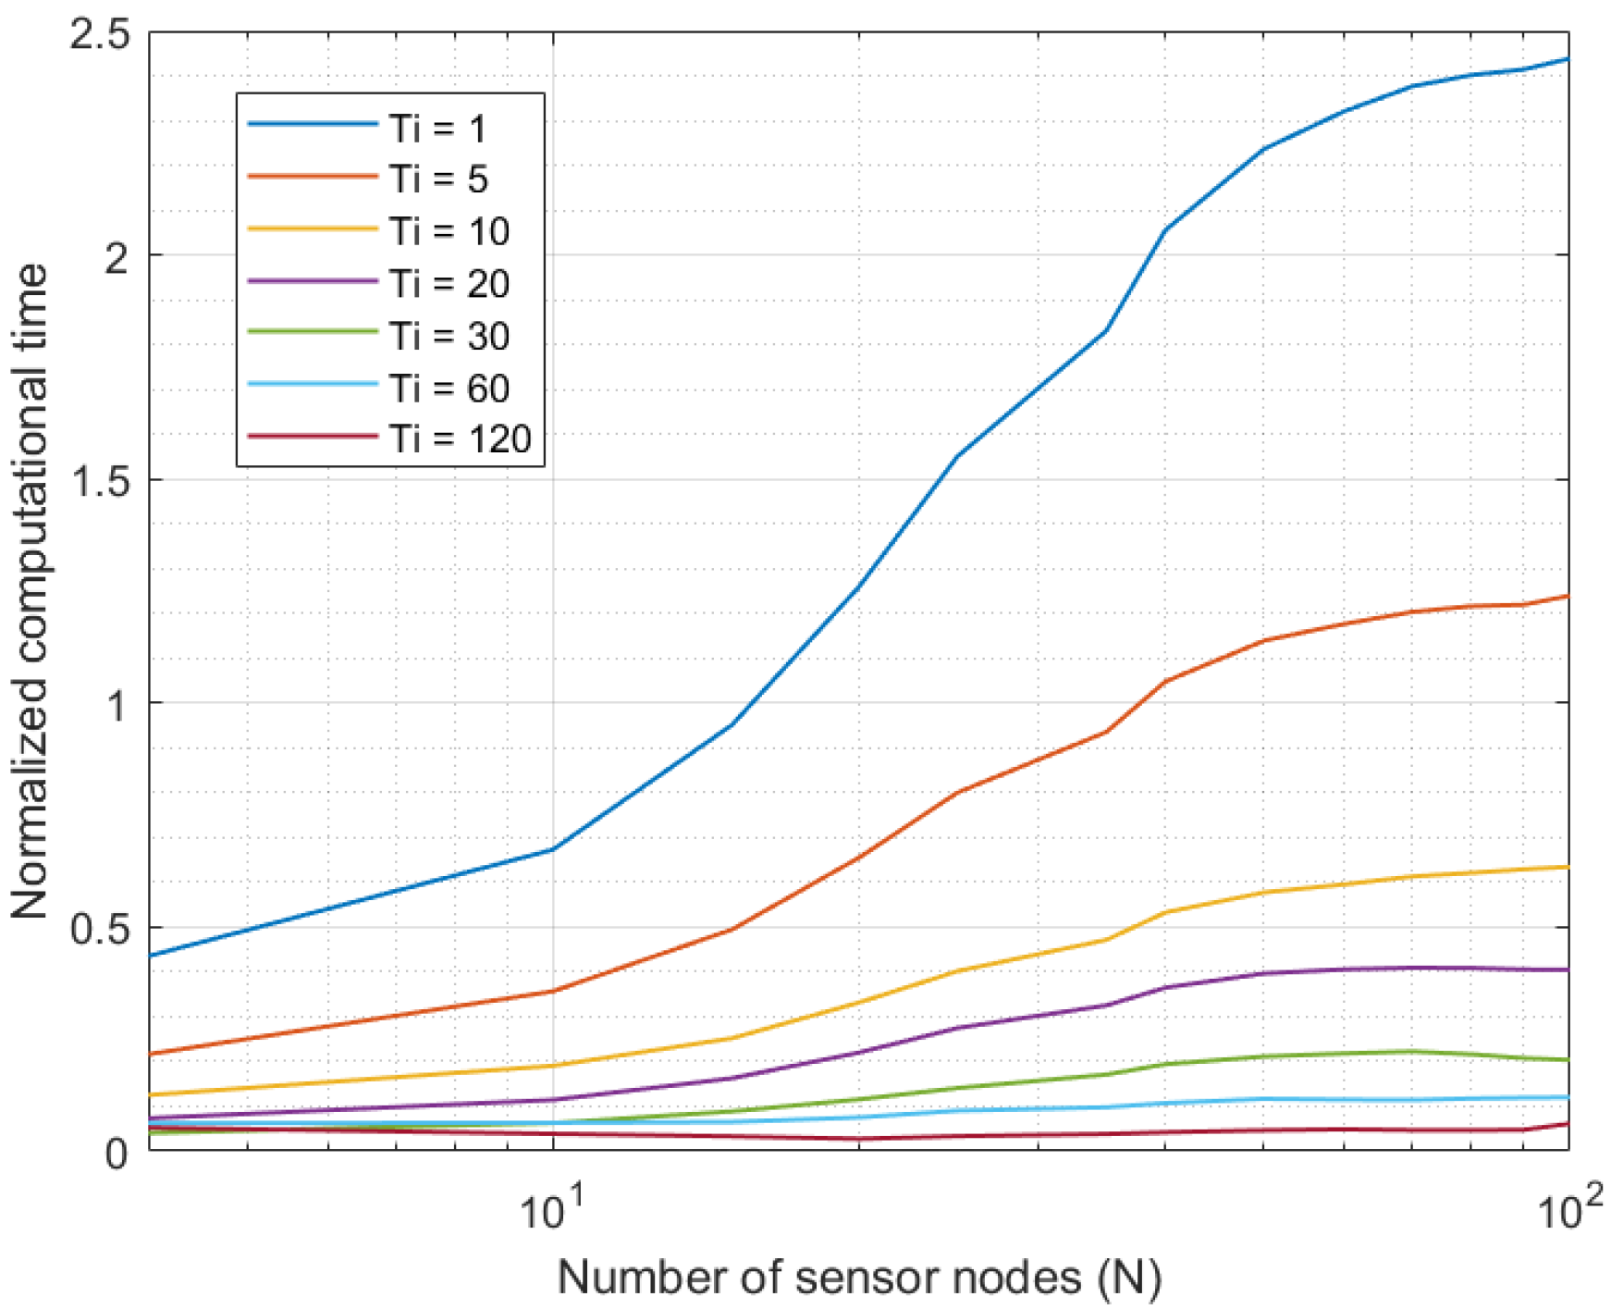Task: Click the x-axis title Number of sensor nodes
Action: point(859,1278)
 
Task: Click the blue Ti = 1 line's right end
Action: point(1568,59)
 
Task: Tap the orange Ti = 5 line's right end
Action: point(1568,597)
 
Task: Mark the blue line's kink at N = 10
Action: point(553,848)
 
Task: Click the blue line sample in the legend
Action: point(313,123)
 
